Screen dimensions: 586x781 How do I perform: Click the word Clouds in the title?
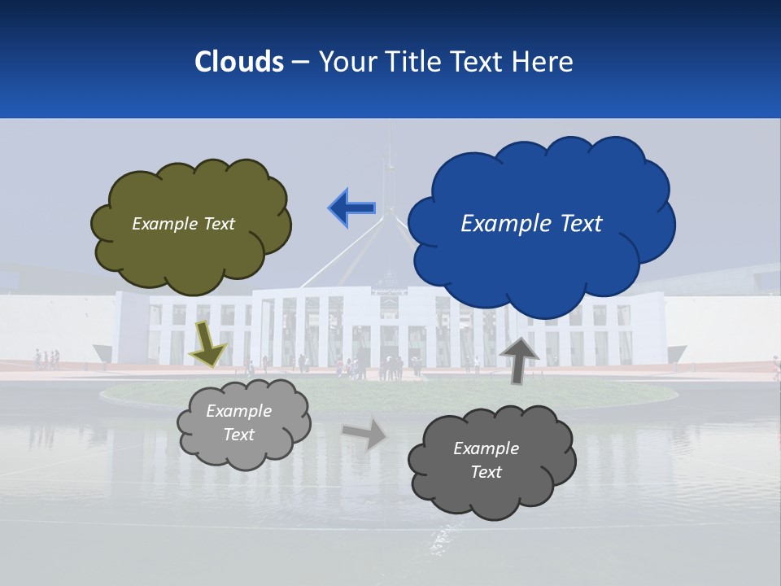[238, 62]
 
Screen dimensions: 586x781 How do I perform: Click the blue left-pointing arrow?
[351, 208]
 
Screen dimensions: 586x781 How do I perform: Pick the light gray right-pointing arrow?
[364, 434]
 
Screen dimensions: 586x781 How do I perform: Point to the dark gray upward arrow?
[518, 359]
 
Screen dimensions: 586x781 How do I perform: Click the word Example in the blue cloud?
[508, 224]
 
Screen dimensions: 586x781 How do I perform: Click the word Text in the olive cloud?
[219, 224]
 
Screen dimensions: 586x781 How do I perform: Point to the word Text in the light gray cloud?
[239, 435]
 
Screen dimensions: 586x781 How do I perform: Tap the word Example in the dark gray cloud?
[486, 448]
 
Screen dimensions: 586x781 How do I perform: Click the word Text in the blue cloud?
[581, 224]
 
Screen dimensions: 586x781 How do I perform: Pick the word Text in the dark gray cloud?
[486, 472]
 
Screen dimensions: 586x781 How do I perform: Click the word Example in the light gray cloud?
[239, 411]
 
